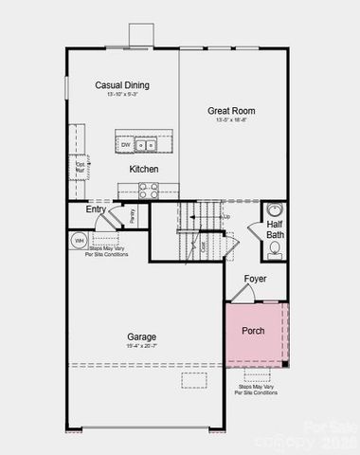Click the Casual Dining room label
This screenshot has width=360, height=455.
click(122, 85)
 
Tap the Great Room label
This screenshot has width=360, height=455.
click(232, 111)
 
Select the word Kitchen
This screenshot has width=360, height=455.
click(144, 169)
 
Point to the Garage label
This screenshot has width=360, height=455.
click(142, 337)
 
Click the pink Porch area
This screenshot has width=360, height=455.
click(254, 332)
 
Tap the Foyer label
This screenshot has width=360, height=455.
click(255, 279)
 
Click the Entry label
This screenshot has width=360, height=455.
click(96, 209)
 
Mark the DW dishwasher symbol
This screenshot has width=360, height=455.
click(125, 145)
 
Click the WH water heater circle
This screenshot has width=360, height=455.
click(79, 241)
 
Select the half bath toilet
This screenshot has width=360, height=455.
click(275, 250)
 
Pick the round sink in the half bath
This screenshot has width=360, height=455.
click(275, 210)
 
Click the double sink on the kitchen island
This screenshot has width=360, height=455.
click(145, 145)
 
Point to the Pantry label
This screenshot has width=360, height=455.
click(133, 215)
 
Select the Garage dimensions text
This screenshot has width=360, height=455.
click(142, 347)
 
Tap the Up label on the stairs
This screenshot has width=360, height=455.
click(226, 217)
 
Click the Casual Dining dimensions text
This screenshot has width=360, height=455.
click(122, 95)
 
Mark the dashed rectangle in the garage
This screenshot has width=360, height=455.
click(193, 380)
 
